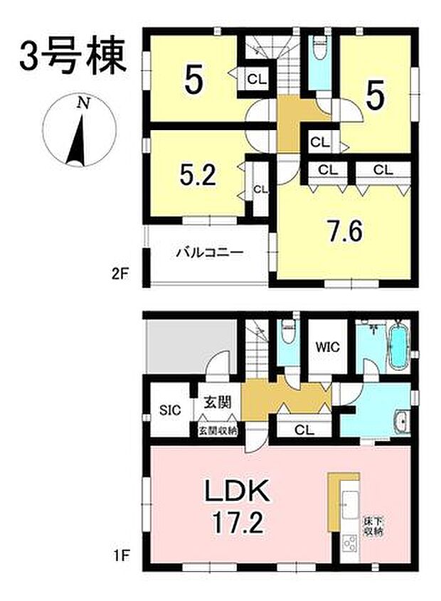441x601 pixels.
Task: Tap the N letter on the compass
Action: [x=84, y=103]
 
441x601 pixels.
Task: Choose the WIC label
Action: [x=328, y=348]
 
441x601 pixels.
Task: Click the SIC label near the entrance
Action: [x=170, y=410]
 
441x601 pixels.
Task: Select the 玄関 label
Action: [x=217, y=403]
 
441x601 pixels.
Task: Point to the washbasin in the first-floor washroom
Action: [x=400, y=421]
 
